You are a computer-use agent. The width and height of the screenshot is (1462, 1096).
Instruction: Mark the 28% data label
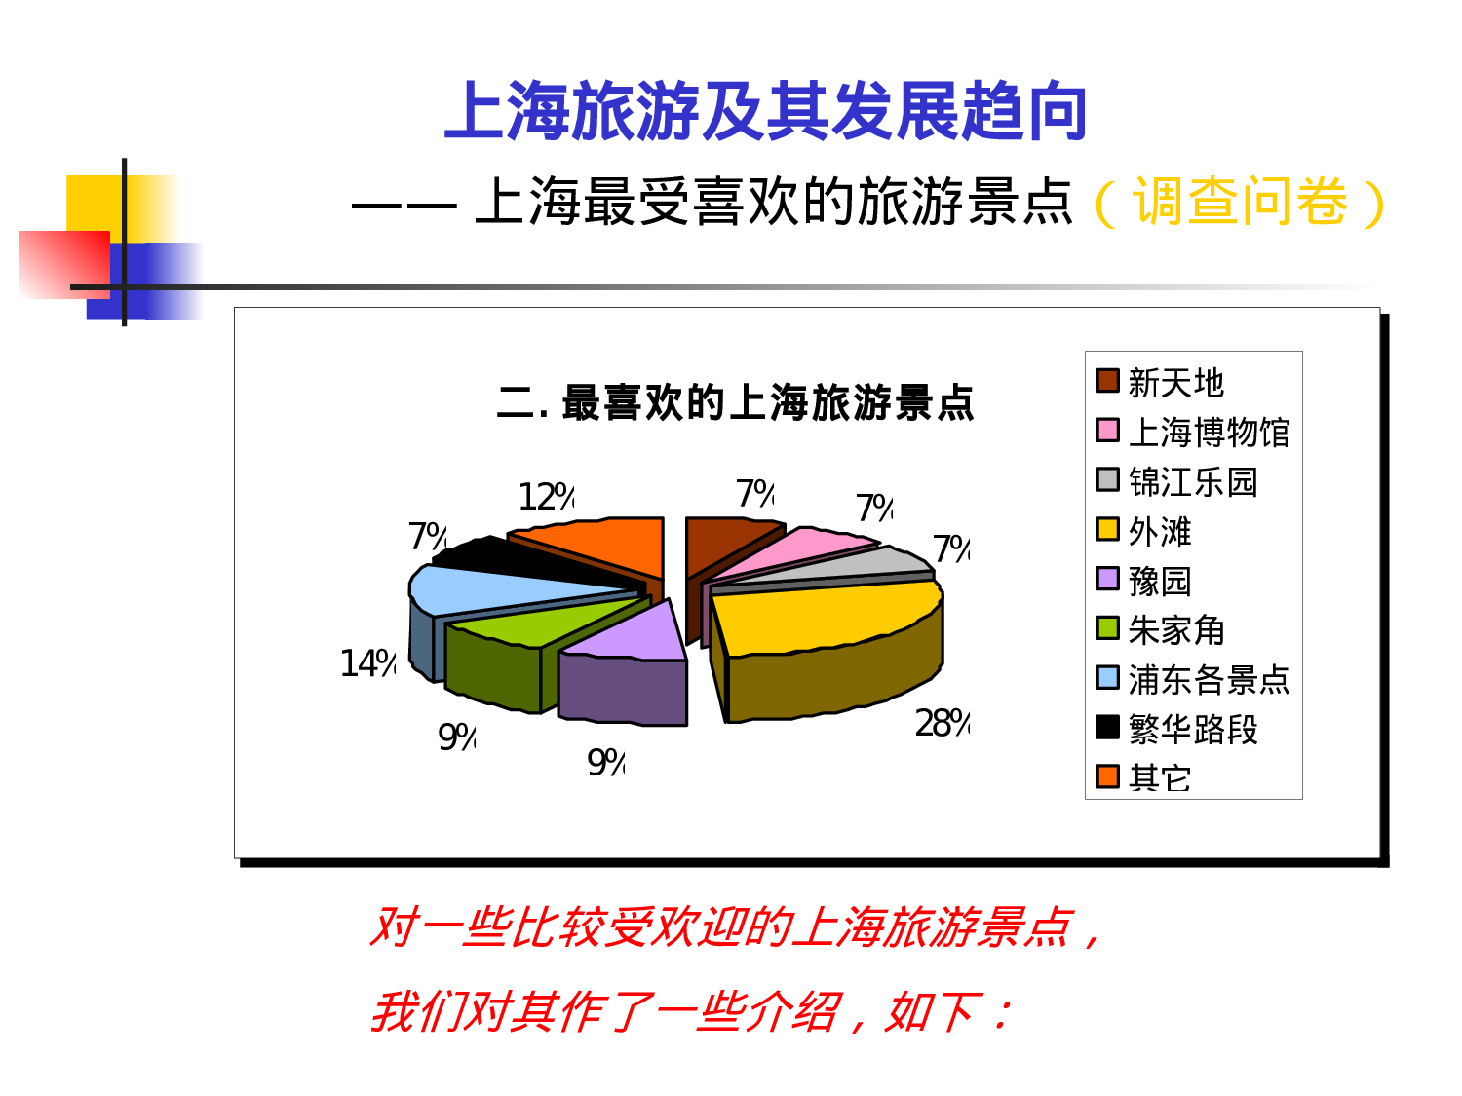pyautogui.click(x=942, y=724)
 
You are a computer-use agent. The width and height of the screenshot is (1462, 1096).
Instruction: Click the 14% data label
pyautogui.click(x=367, y=664)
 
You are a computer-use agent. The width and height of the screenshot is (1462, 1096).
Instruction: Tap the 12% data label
pyautogui.click(x=546, y=498)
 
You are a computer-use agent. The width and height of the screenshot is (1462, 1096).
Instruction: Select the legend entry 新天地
pyautogui.click(x=1175, y=383)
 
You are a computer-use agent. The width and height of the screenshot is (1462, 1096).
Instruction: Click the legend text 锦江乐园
pyautogui.click(x=1193, y=482)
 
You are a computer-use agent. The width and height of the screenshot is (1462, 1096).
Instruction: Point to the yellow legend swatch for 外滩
pyautogui.click(x=1107, y=529)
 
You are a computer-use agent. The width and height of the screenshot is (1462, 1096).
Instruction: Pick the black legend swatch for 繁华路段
pyautogui.click(x=1107, y=727)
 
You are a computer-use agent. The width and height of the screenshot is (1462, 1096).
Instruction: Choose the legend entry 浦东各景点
pyautogui.click(x=1209, y=680)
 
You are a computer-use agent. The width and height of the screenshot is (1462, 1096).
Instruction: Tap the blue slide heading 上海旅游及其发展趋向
pyautogui.click(x=765, y=112)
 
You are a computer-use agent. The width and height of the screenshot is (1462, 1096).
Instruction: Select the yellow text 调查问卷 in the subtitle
pyautogui.click(x=1240, y=203)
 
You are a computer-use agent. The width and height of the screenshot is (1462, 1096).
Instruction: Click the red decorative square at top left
pyautogui.click(x=63, y=263)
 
